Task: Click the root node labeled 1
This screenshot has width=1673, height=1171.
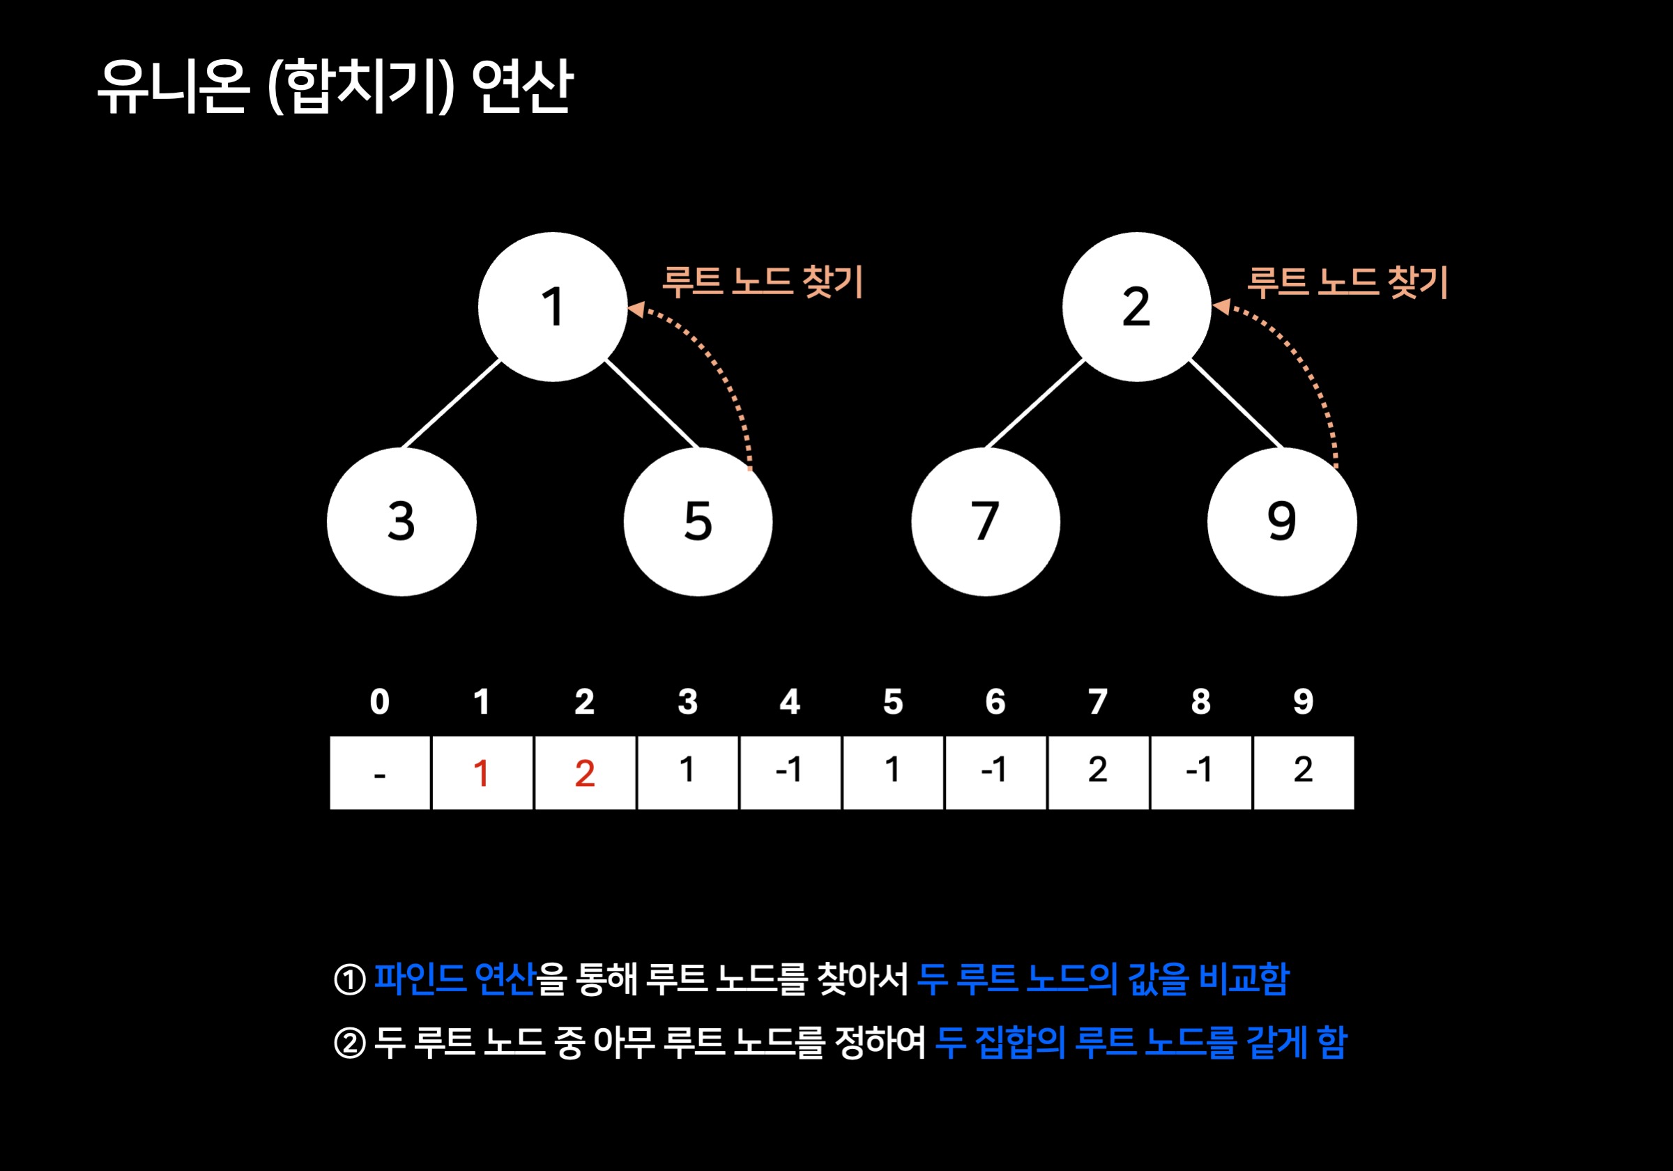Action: pyautogui.click(x=552, y=307)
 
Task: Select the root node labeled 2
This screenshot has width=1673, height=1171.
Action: pyautogui.click(x=1136, y=307)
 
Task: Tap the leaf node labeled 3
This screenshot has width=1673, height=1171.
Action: pyautogui.click(x=402, y=522)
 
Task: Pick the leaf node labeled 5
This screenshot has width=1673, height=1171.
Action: pyautogui.click(x=698, y=522)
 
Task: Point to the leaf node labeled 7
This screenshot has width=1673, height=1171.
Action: pyautogui.click(x=985, y=522)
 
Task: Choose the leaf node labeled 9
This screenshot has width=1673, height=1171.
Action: pyautogui.click(x=1282, y=522)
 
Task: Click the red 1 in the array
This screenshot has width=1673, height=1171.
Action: pyautogui.click(x=481, y=773)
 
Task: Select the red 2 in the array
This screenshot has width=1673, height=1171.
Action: pyautogui.click(x=584, y=773)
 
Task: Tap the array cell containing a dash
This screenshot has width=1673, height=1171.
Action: pyautogui.click(x=380, y=773)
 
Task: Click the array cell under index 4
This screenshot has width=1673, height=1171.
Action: pyautogui.click(x=790, y=772)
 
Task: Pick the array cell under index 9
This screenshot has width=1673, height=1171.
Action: pyautogui.click(x=1303, y=772)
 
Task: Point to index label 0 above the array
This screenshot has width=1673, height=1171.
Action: pyautogui.click(x=380, y=702)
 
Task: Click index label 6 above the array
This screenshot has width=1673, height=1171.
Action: pyautogui.click(x=995, y=702)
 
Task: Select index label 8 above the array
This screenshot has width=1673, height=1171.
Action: pyautogui.click(x=1201, y=702)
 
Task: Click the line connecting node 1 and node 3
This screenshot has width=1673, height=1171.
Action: pyautogui.click(x=451, y=404)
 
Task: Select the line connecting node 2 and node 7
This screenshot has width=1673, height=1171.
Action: pyautogui.click(x=1034, y=404)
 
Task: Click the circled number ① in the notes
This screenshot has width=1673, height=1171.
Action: pyautogui.click(x=350, y=979)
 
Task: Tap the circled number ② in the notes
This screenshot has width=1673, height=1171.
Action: pyautogui.click(x=350, y=1043)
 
